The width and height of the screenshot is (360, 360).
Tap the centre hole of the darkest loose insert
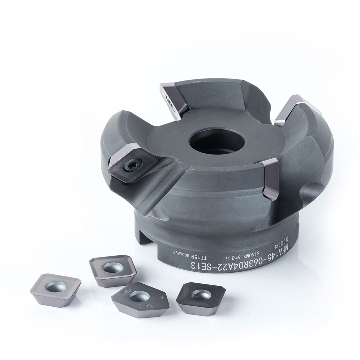point(201,294)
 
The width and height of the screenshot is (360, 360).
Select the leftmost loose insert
point(55,289)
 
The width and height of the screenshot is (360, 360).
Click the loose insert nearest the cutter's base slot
point(113,270)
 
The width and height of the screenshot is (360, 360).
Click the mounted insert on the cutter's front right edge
point(270,179)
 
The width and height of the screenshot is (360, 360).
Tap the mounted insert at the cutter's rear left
point(174,100)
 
